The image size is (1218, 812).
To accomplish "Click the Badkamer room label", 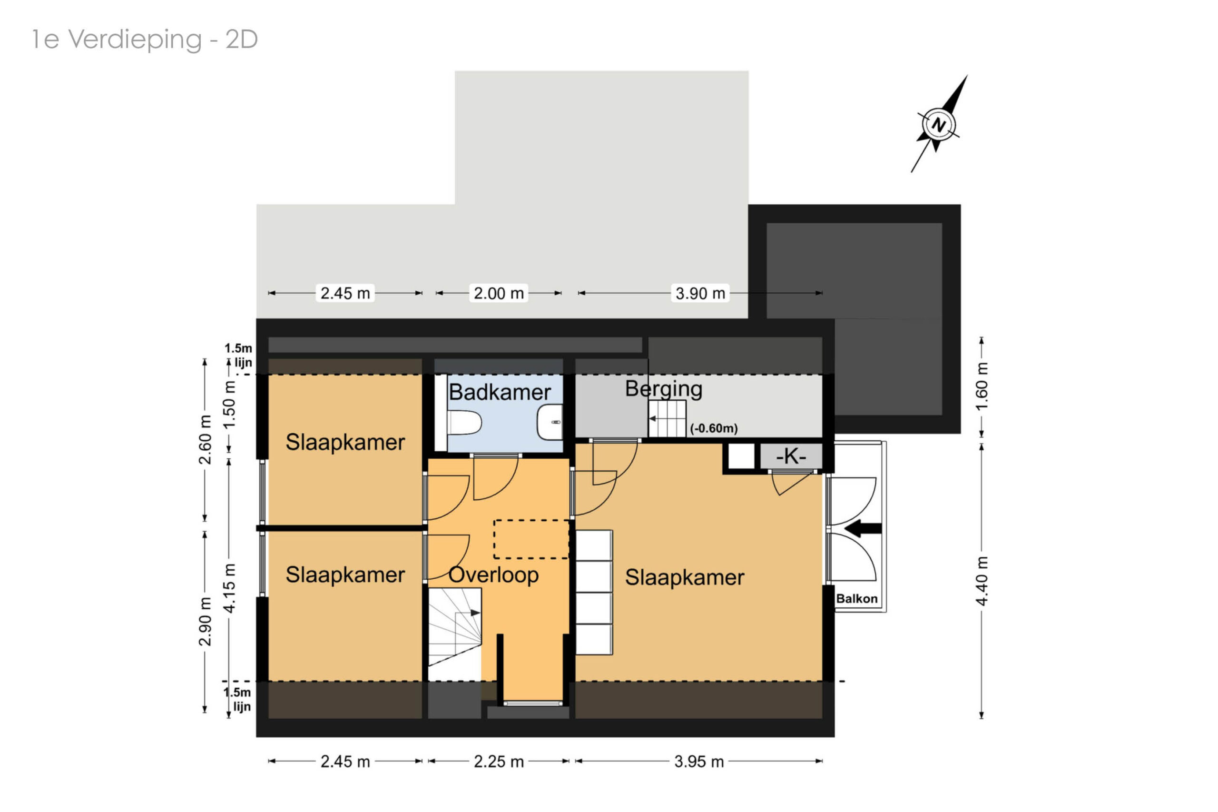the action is pyautogui.click(x=500, y=392).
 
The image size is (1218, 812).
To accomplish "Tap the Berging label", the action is pyautogui.click(x=664, y=389).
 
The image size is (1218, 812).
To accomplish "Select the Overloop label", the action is pyautogui.click(x=493, y=575).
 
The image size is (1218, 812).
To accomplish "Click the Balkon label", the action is pyautogui.click(x=857, y=599).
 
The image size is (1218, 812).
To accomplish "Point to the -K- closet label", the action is pyautogui.click(x=791, y=456).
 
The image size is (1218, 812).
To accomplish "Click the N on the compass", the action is pyautogui.click(x=938, y=125).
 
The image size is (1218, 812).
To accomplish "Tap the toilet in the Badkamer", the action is pyautogui.click(x=464, y=423).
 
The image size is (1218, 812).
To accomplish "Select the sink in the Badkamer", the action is pyautogui.click(x=550, y=422).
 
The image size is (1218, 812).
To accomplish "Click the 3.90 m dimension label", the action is pyautogui.click(x=700, y=293).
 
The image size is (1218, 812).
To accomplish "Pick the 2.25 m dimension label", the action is pyautogui.click(x=499, y=761).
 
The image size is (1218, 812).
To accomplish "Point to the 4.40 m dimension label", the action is pyautogui.click(x=982, y=581).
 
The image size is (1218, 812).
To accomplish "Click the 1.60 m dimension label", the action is pyautogui.click(x=982, y=386).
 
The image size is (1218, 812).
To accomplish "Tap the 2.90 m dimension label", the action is pyautogui.click(x=205, y=621).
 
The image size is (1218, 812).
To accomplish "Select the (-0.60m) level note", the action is pyautogui.click(x=714, y=428).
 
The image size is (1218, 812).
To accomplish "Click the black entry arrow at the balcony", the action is pyautogui.click(x=863, y=528).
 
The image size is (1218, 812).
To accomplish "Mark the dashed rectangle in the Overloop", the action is pyautogui.click(x=531, y=540).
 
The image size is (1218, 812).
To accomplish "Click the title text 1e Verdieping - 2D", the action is pyautogui.click(x=145, y=40).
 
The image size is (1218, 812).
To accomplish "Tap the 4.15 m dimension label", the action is pyautogui.click(x=229, y=588).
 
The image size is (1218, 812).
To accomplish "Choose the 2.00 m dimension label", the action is pyautogui.click(x=499, y=293).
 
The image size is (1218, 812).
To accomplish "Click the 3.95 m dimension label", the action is pyautogui.click(x=699, y=761).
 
